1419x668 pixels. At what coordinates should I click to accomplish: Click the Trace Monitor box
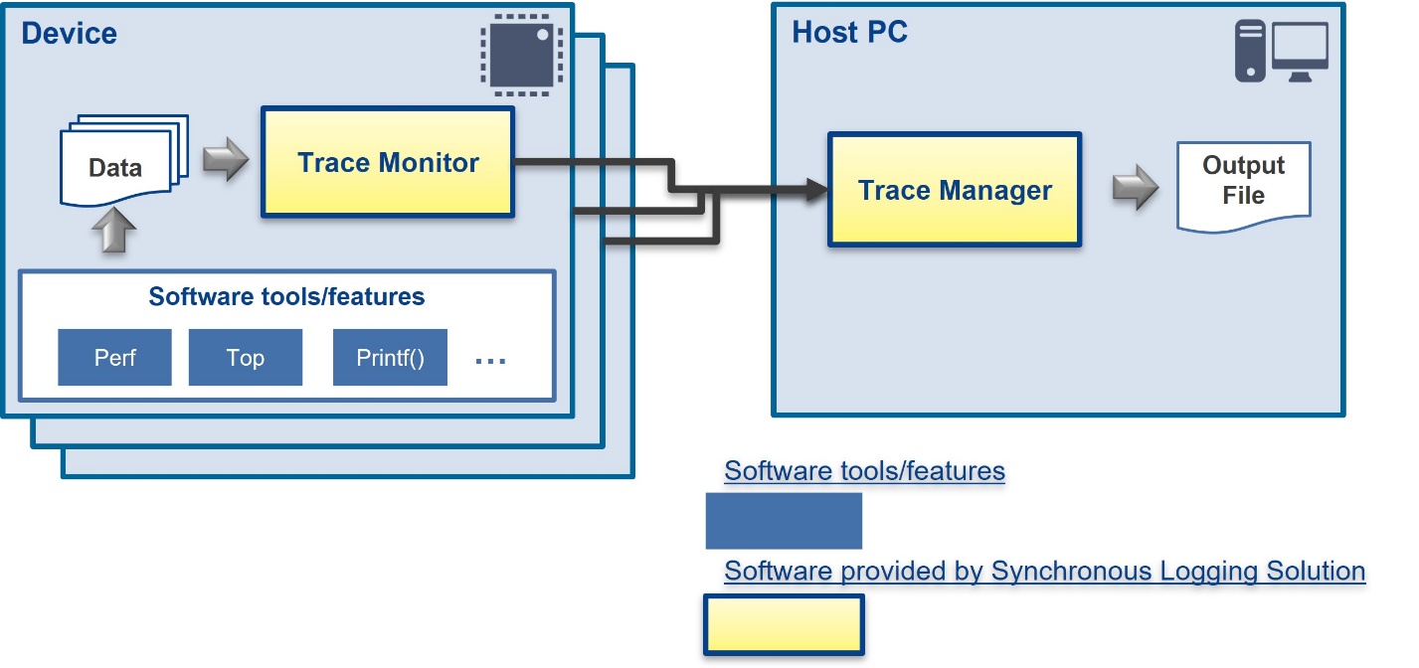click(388, 162)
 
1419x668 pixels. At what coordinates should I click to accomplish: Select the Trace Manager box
click(955, 189)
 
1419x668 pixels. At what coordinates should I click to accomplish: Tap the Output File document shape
click(1244, 186)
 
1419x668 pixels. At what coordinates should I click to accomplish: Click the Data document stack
click(124, 161)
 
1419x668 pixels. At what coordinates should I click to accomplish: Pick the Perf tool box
click(114, 357)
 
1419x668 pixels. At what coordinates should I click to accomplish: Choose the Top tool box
click(246, 357)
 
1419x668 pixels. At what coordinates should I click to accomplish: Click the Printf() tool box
click(390, 357)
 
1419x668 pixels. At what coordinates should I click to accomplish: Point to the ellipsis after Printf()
click(490, 362)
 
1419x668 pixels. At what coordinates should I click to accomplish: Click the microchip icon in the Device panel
click(521, 55)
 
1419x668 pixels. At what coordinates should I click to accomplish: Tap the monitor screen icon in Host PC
click(1300, 52)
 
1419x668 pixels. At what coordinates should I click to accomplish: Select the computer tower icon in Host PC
click(1250, 51)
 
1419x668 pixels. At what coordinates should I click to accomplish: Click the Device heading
click(69, 33)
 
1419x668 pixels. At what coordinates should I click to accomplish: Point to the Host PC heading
click(849, 32)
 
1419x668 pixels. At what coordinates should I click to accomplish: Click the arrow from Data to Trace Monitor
click(226, 159)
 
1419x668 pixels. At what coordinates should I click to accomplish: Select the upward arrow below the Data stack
click(114, 230)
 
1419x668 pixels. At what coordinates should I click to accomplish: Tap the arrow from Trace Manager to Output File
click(1136, 187)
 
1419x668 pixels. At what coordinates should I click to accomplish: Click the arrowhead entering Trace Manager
click(817, 189)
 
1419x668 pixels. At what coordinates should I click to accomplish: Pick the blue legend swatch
click(784, 521)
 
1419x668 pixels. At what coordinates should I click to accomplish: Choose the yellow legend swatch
click(784, 624)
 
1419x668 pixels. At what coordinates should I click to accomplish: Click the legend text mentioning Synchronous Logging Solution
click(1045, 571)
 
